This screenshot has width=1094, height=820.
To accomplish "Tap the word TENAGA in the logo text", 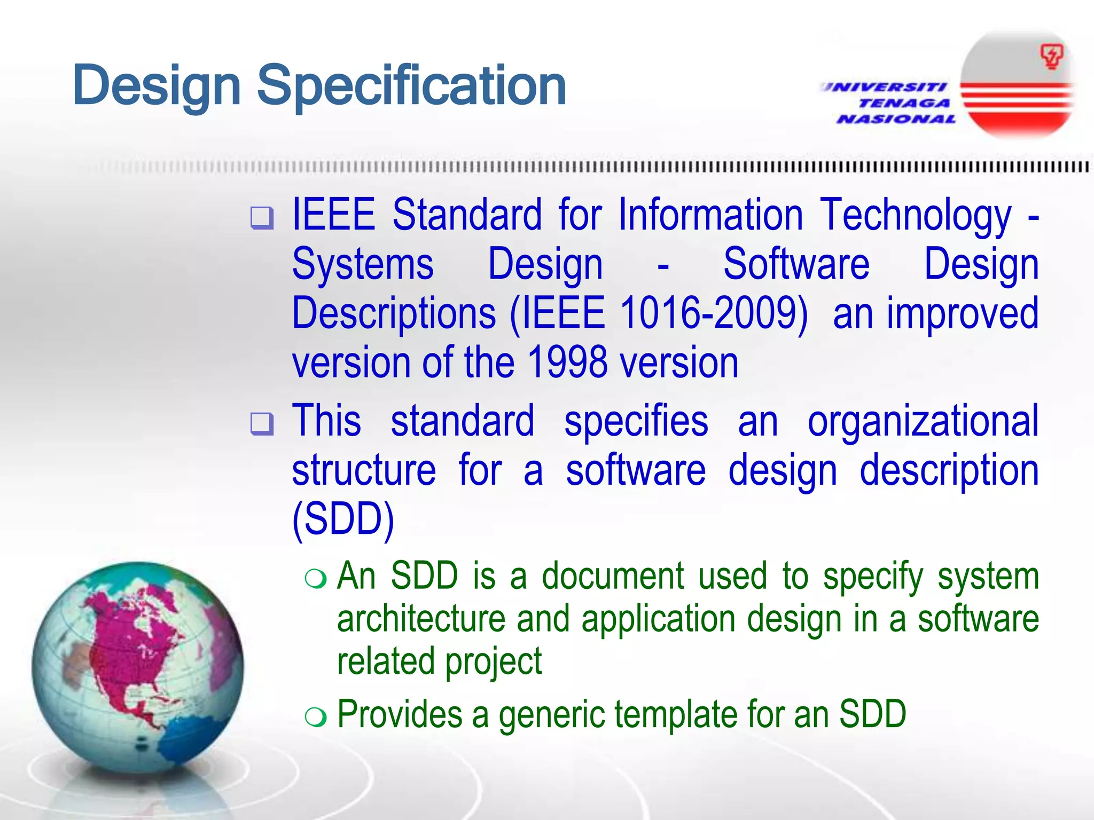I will pyautogui.click(x=904, y=103).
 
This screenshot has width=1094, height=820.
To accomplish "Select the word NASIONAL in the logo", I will pyautogui.click(x=896, y=119).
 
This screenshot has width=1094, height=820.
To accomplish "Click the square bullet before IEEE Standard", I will pyautogui.click(x=262, y=218).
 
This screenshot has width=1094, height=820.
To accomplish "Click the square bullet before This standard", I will pyautogui.click(x=262, y=424).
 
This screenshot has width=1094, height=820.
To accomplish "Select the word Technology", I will pyautogui.click(x=916, y=215).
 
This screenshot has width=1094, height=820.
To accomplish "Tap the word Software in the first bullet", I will pyautogui.click(x=796, y=264).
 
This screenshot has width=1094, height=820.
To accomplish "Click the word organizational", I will pyautogui.click(x=923, y=421).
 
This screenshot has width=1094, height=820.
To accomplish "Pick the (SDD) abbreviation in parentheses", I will pyautogui.click(x=343, y=519).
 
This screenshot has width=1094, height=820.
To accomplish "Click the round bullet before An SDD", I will pyautogui.click(x=315, y=579).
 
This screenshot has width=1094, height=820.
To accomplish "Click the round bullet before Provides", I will pyautogui.click(x=315, y=717).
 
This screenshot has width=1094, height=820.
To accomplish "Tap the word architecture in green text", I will pyautogui.click(x=421, y=619).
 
